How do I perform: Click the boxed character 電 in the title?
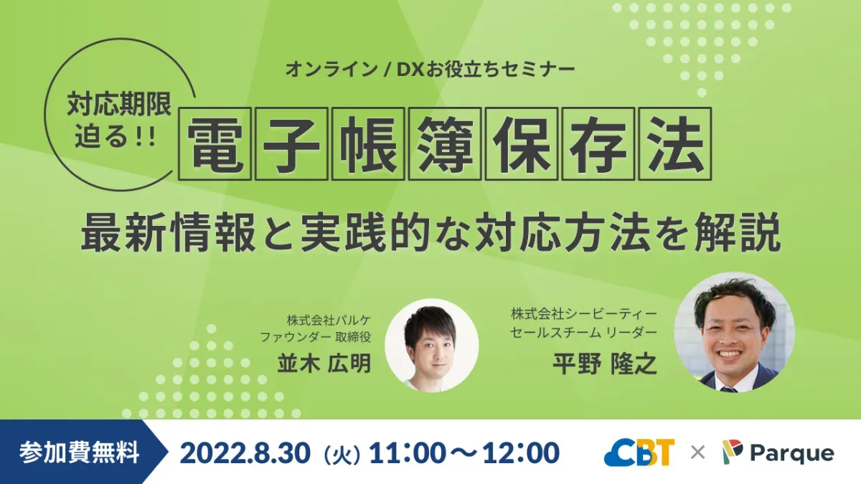tap(218, 143)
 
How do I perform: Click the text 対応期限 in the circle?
tap(120, 105)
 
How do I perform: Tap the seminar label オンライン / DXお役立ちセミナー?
tap(430, 70)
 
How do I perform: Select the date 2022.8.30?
tap(245, 452)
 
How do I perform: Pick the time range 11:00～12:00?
tap(464, 452)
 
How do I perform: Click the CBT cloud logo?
tap(639, 452)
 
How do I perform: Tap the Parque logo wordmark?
tap(791, 453)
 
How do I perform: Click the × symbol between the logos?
tap(697, 452)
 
